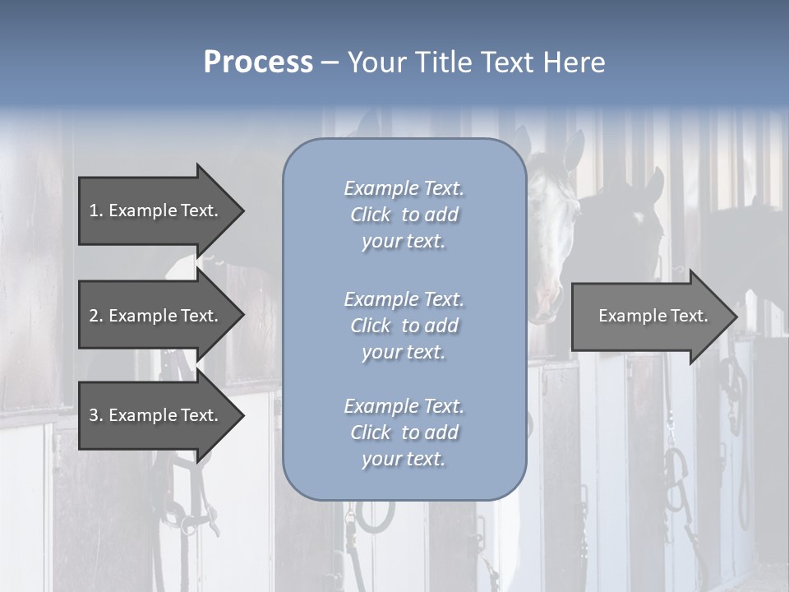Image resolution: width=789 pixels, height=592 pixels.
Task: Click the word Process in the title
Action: [x=258, y=62]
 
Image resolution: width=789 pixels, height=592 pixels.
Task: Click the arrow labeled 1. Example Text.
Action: [x=156, y=210]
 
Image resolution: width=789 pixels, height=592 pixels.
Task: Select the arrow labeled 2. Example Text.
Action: [x=156, y=316]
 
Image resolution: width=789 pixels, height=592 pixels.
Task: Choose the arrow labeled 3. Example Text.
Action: [x=156, y=415]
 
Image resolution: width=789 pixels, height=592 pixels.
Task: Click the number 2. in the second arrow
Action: [x=95, y=316]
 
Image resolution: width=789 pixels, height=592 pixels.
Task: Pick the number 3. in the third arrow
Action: [x=95, y=415]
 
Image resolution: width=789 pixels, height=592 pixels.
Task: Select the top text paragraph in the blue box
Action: [x=404, y=215]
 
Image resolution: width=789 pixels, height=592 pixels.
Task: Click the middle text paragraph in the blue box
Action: [x=404, y=326]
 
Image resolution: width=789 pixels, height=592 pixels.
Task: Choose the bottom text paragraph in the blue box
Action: [x=404, y=432]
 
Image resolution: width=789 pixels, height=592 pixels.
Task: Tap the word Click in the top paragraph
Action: [x=371, y=215]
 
